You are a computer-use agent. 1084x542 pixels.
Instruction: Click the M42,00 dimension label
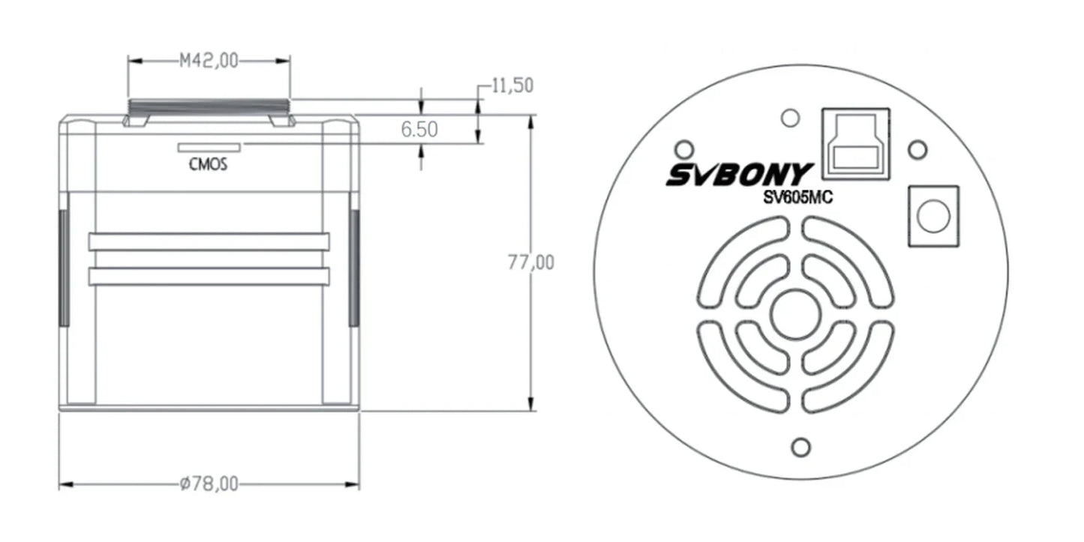pos(208,61)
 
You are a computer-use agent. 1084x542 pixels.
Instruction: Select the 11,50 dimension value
pos(512,85)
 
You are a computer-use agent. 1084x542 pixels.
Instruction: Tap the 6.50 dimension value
pos(419,129)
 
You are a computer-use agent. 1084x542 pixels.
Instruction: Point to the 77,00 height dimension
pos(530,262)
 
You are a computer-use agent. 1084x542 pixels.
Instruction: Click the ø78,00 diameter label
pos(209,485)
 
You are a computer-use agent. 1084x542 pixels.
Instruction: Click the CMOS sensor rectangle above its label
pos(209,147)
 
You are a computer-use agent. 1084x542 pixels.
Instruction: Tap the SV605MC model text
pos(794,197)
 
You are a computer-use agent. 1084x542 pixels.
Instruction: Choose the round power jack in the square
pos(933,217)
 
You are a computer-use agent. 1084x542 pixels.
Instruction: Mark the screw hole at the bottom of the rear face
pos(800,448)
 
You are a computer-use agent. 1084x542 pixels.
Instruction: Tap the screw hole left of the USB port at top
pos(789,117)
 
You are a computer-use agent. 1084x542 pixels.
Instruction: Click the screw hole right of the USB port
pos(917,150)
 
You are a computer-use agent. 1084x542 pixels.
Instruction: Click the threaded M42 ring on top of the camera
pos(209,106)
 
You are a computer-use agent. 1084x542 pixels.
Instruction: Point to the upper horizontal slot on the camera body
pos(209,241)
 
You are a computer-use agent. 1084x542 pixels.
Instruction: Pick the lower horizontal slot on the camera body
pos(209,277)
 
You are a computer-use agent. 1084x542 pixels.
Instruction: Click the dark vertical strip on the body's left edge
pos(64,268)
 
